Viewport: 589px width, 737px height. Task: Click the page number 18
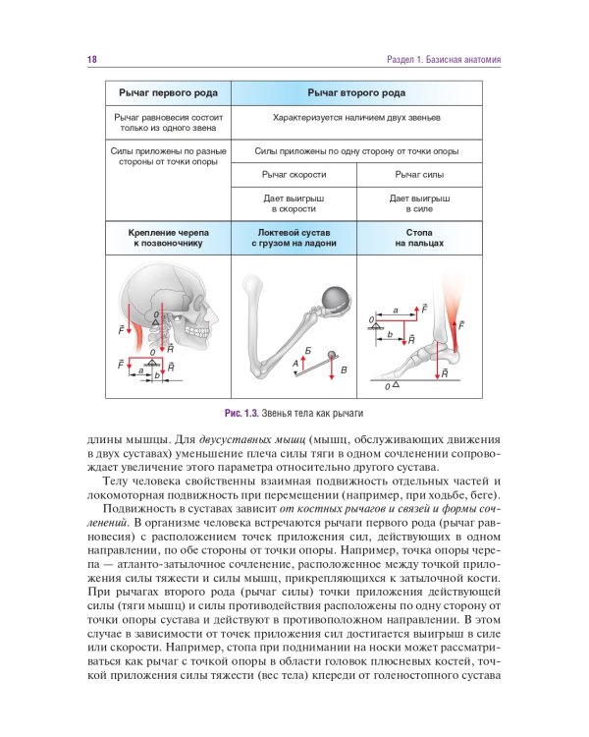pyautogui.click(x=92, y=60)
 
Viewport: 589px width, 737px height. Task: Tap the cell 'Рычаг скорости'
pyautogui.click(x=294, y=174)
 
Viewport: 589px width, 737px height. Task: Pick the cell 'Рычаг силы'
pyautogui.click(x=420, y=174)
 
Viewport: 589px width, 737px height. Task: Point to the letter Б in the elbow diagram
pyautogui.click(x=308, y=351)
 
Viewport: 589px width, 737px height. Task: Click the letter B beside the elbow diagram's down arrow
pyautogui.click(x=344, y=369)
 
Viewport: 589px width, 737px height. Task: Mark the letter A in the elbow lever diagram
pyautogui.click(x=295, y=364)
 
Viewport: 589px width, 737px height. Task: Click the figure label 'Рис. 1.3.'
pyautogui.click(x=244, y=413)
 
